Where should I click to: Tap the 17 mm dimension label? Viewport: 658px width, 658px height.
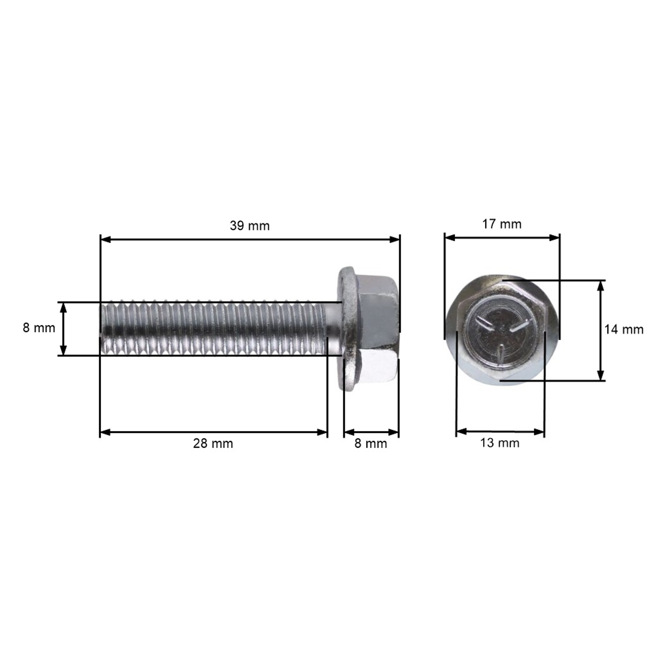pos(502,224)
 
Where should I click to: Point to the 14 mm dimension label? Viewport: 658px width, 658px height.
pos(624,329)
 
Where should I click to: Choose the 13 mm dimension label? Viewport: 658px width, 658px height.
pos(500,443)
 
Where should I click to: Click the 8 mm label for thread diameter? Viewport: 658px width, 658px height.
pos(39,328)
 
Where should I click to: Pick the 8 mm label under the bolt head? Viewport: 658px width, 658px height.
pos(370,443)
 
